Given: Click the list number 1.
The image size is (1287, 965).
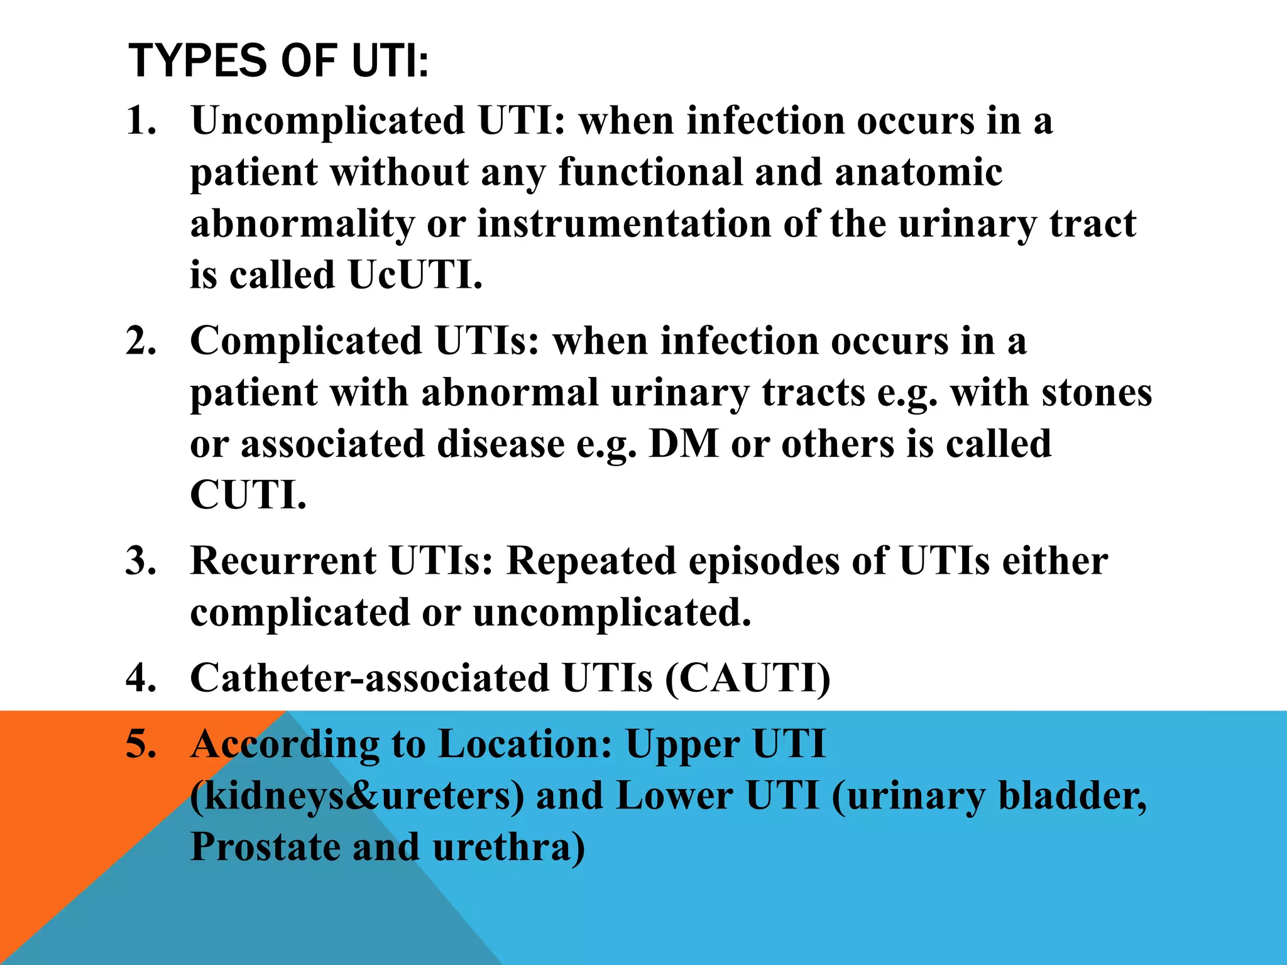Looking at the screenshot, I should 141,120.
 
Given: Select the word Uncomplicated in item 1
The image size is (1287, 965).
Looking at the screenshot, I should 327,120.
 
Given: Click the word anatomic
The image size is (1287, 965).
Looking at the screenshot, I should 918,172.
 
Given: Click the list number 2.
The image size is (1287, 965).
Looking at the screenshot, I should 141,341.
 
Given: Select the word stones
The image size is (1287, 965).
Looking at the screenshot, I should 1097,393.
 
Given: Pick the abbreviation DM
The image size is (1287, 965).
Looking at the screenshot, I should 683,444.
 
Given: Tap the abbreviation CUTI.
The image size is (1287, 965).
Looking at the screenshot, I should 248,496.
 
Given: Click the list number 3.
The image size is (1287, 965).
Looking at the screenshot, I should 141,560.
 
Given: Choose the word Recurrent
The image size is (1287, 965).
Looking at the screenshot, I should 283,560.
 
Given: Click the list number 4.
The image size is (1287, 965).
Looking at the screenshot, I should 141,678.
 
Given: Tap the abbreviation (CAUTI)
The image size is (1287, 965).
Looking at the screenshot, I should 748,678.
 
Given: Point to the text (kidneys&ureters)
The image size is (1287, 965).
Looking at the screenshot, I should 357,795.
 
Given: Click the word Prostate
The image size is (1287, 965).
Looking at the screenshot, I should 265,847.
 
